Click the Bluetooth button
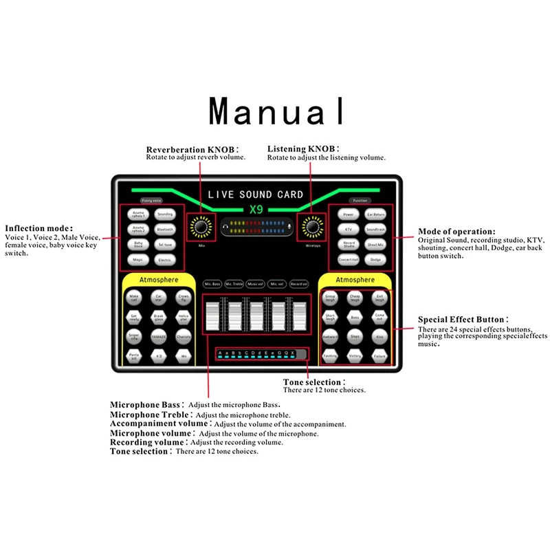click(165, 230)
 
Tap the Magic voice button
click(139, 260)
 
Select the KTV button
click(349, 230)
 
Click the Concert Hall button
click(349, 260)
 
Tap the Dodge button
click(375, 260)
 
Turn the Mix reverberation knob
click(201, 226)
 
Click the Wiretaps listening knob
click(313, 226)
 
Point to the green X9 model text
click(256, 210)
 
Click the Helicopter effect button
click(183, 317)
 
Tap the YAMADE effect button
click(159, 337)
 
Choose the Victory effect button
click(355, 356)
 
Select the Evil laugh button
click(379, 298)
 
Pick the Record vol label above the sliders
click(299, 283)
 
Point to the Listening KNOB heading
click(302, 149)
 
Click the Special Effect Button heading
click(463, 320)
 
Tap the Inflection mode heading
click(38, 228)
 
